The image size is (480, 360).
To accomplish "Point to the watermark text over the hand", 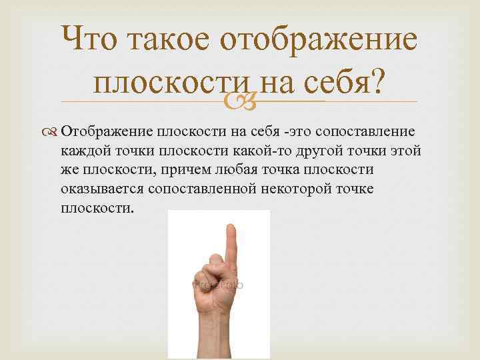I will pos(217,285).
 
